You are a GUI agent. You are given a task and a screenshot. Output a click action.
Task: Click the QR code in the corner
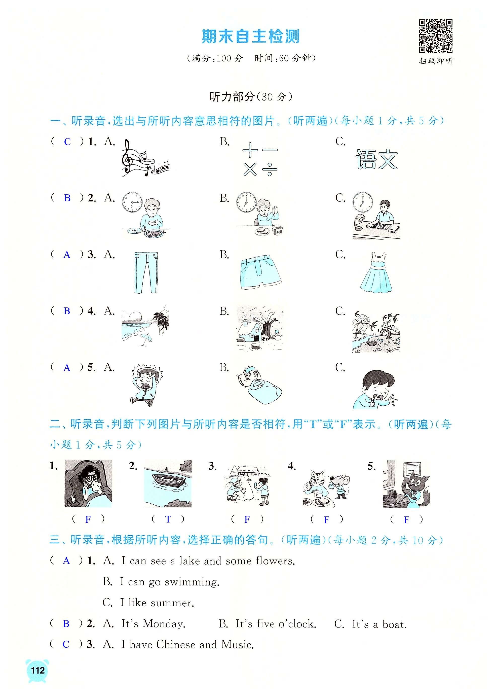(436, 36)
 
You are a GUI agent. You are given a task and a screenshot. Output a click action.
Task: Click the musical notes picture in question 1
(145, 158)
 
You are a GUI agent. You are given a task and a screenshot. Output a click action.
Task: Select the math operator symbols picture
(260, 159)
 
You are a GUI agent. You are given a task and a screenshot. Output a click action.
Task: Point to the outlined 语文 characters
(376, 159)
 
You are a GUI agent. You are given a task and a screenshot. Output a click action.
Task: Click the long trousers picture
(146, 272)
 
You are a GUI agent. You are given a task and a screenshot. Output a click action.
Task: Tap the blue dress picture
(376, 272)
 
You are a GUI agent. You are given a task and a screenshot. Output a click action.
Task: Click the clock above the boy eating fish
(132, 202)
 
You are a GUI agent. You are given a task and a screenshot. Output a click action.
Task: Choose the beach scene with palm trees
(145, 326)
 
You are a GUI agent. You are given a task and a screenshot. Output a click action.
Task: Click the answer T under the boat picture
(168, 519)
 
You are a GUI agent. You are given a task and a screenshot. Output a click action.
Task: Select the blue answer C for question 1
(67, 142)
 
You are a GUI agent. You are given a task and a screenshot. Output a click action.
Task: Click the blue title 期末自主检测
(251, 37)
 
